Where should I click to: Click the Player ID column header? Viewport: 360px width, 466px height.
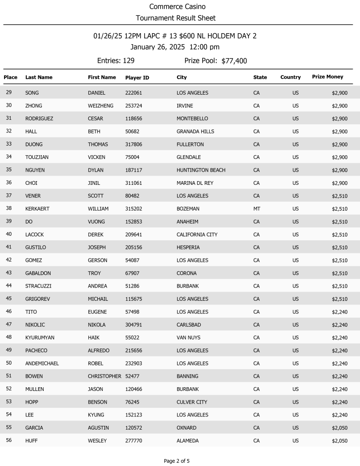[137, 77]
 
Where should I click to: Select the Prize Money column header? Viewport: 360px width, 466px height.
[327, 77]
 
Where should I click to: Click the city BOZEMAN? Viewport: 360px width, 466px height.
[188, 209]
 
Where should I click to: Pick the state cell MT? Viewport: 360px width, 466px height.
[257, 209]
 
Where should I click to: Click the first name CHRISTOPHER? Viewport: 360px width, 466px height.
[104, 376]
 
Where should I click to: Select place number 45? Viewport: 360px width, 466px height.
[9, 299]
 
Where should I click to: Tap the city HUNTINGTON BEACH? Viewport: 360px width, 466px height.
[201, 170]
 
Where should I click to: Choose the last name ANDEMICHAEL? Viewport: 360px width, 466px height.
[42, 364]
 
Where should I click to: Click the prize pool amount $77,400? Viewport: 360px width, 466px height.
[234, 61]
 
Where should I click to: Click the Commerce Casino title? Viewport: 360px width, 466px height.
[177, 7]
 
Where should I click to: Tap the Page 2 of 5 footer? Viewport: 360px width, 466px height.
[177, 461]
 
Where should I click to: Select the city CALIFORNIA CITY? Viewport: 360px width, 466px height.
[197, 235]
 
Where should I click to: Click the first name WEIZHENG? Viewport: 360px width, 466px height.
[100, 106]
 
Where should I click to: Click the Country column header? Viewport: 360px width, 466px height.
[290, 77]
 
